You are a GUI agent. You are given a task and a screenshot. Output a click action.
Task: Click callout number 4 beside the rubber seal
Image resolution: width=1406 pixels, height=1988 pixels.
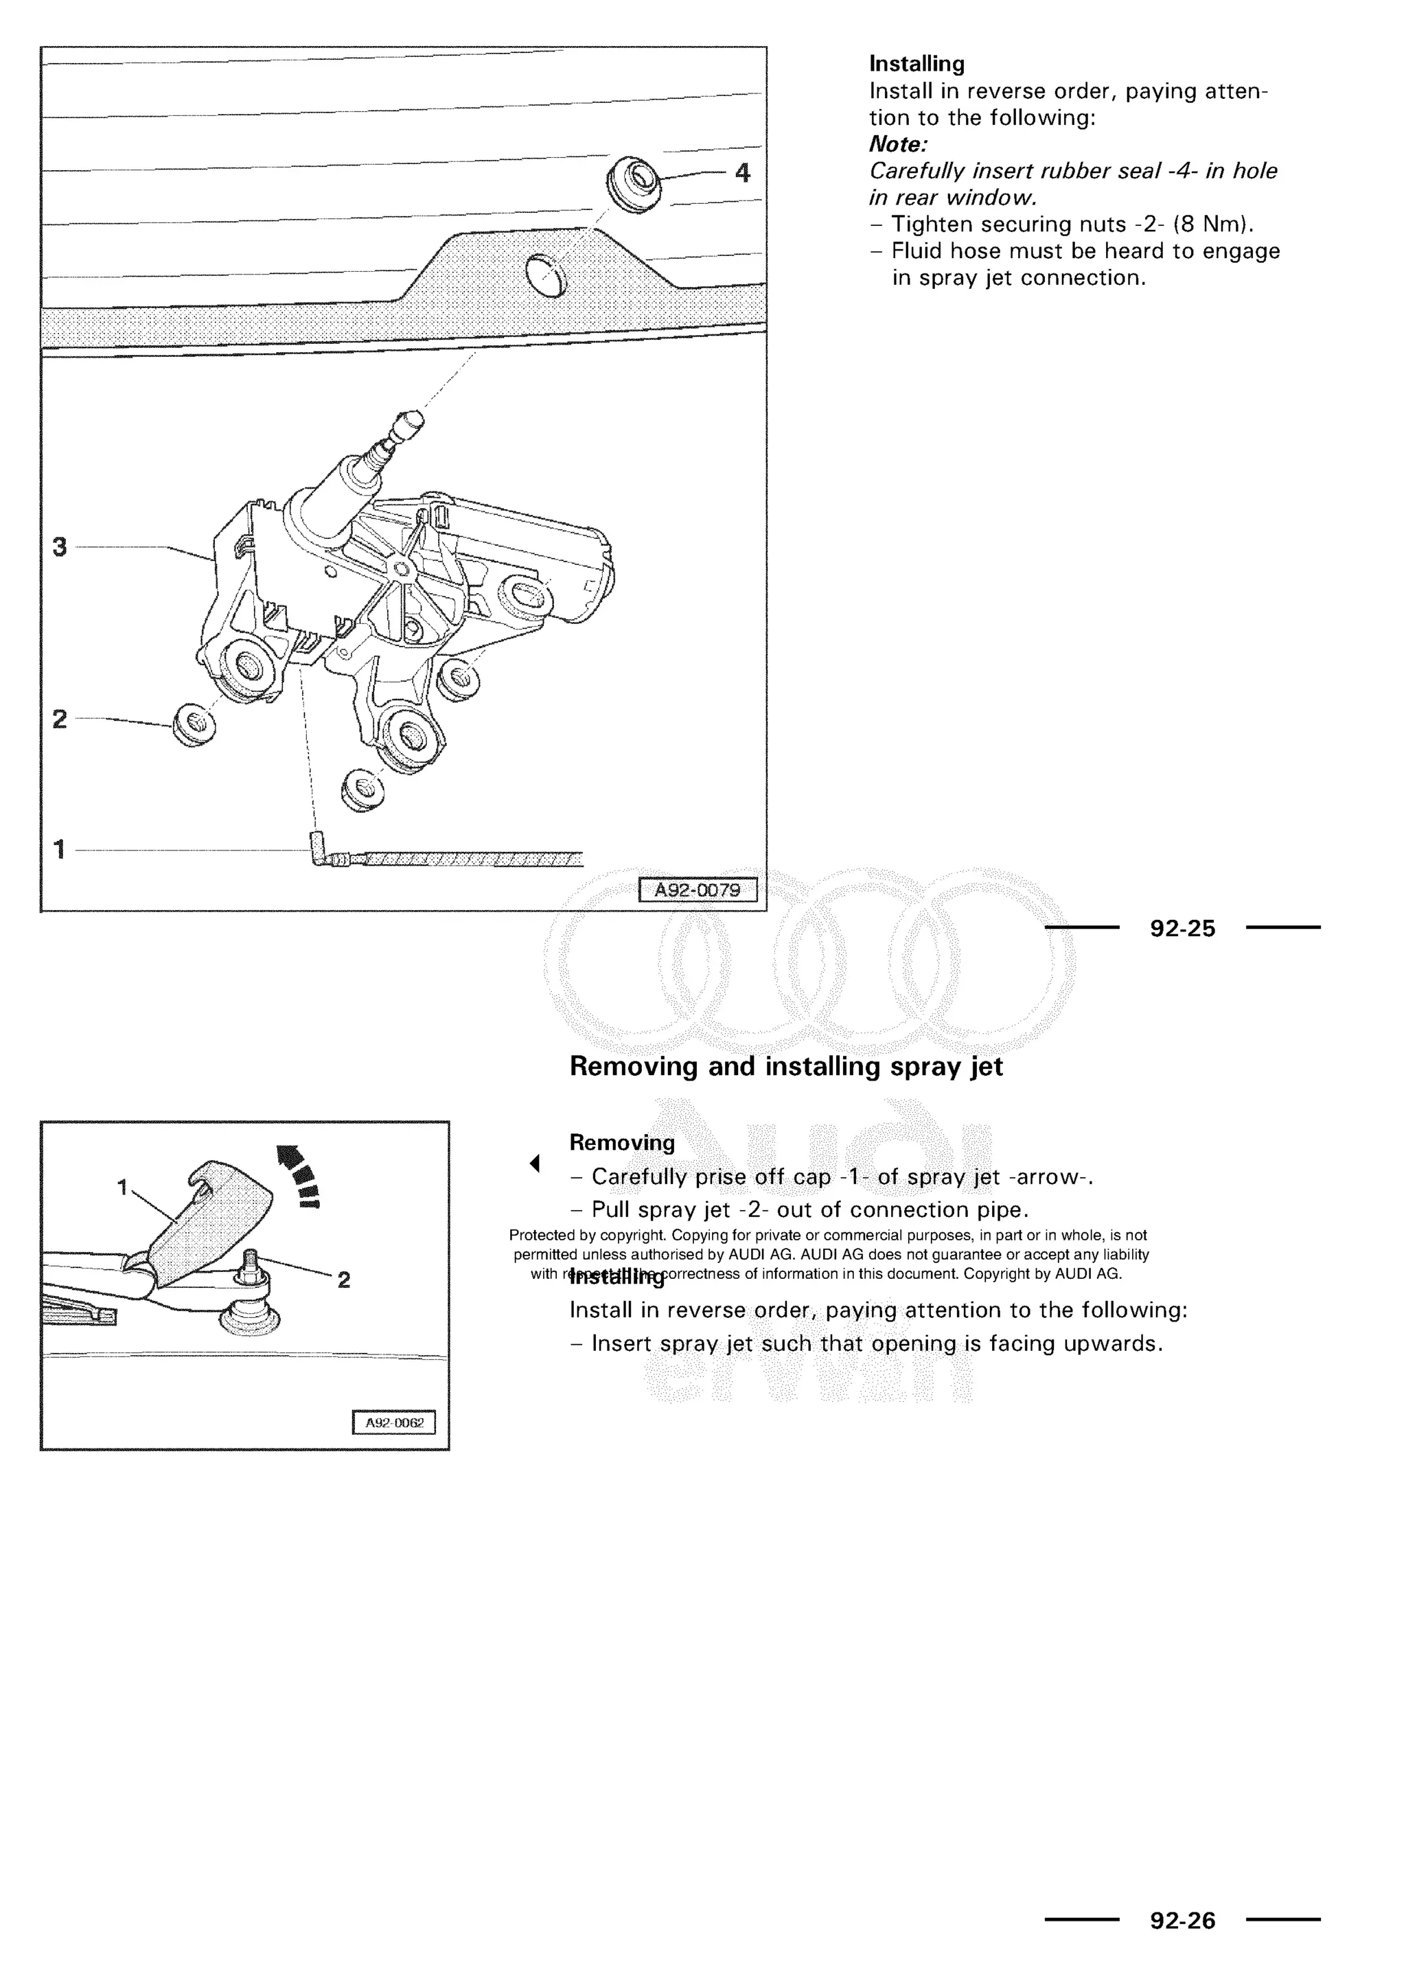742,173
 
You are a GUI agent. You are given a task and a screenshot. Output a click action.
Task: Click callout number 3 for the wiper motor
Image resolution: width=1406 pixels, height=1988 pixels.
59,547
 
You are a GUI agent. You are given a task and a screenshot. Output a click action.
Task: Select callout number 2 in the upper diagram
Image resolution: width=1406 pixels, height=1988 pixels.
59,719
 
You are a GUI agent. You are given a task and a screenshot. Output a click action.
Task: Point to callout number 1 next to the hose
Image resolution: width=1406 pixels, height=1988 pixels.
59,849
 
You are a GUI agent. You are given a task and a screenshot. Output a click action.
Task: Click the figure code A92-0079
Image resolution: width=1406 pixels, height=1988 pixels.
698,890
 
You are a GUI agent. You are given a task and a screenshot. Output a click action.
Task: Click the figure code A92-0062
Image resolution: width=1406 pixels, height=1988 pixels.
394,1422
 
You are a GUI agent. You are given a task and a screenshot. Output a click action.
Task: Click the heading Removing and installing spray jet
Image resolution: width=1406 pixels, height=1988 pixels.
785,1066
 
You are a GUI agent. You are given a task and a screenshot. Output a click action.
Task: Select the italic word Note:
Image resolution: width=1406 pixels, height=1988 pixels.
898,143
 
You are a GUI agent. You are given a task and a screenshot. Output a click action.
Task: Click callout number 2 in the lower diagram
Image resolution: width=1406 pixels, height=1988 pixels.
344,1280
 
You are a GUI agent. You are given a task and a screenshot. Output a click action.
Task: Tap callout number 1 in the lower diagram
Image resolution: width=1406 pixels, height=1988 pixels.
122,1187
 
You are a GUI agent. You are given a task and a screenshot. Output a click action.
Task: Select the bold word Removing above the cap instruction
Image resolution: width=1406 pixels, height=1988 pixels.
621,1143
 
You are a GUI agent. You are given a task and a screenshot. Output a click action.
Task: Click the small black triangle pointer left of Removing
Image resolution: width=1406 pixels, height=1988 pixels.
535,1164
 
